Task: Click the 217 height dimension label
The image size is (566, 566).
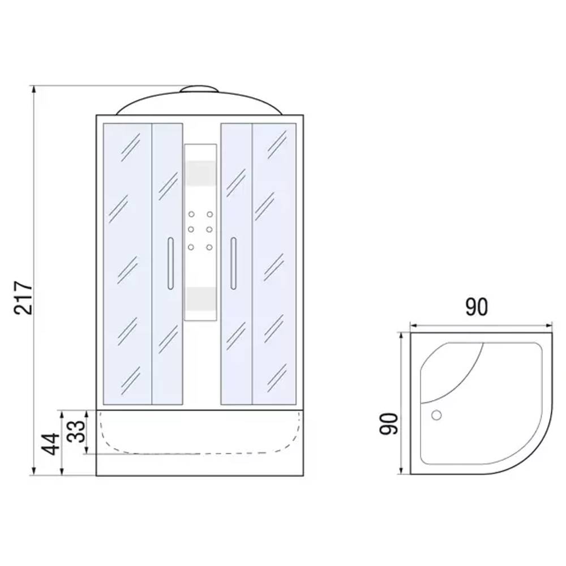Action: tap(23, 298)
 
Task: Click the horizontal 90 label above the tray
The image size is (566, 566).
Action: tap(477, 307)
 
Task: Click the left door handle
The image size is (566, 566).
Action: tap(170, 263)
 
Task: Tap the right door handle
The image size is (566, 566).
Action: tap(233, 263)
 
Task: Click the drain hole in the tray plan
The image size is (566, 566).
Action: tap(436, 415)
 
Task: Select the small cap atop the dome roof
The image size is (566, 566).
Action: tap(199, 89)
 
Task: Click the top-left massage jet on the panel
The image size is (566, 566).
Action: tap(191, 215)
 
